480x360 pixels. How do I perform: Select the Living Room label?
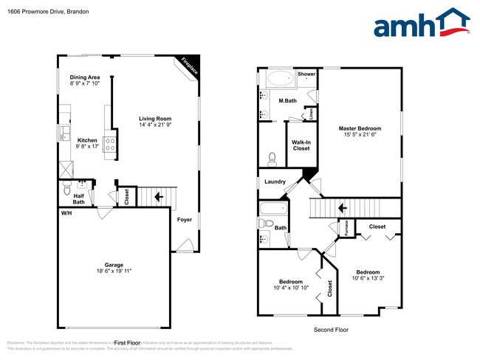(155, 119)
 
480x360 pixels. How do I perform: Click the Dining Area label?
(84, 77)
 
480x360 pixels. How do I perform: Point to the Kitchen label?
(88, 140)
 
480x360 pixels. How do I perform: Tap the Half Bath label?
(78, 199)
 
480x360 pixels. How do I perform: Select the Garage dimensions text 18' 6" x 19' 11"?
(114, 271)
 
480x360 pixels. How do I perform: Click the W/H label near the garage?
(66, 213)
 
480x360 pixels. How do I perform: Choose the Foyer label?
(184, 220)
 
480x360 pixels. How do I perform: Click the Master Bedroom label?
(360, 128)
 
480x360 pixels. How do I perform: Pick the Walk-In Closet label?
(301, 145)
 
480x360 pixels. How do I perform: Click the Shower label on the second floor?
(306, 75)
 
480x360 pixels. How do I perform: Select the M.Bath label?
(288, 101)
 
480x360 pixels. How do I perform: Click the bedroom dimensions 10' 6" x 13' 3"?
(368, 278)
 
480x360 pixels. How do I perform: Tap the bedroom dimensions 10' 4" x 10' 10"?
(291, 288)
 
